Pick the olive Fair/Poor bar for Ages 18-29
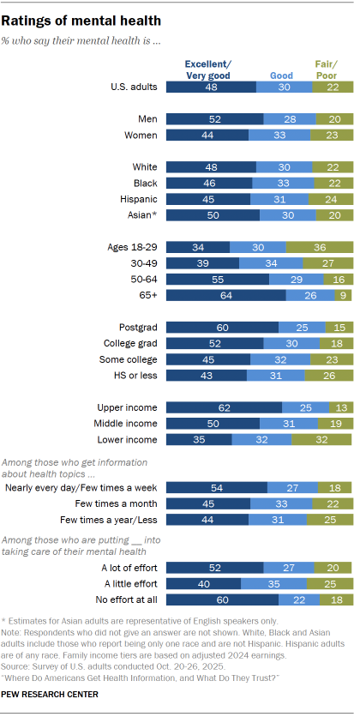320,247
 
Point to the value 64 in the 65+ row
225,295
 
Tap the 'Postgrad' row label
138,327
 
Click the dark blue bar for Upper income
224,407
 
